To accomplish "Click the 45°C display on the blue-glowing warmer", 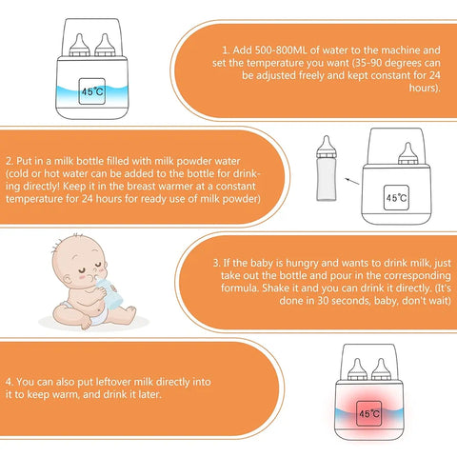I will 92,92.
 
